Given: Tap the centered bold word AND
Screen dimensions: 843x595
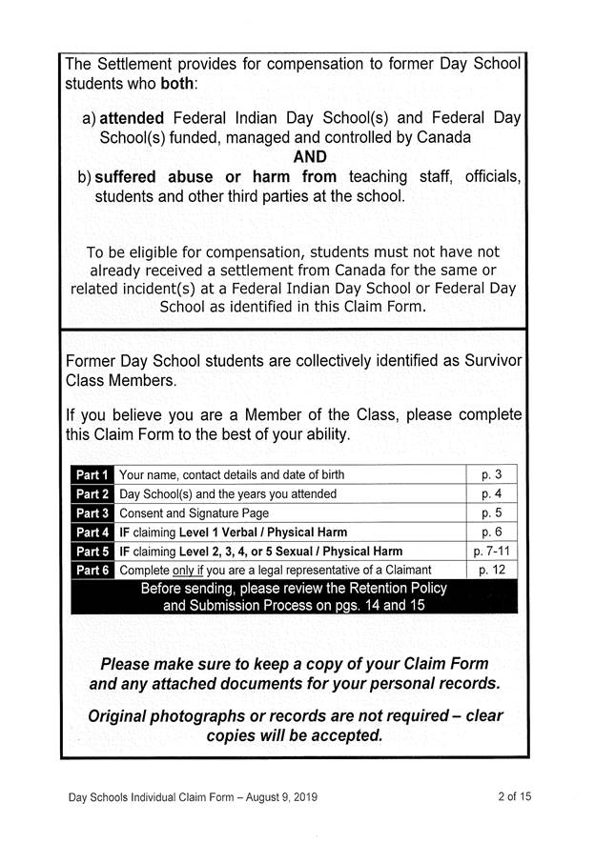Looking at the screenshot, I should [x=310, y=156].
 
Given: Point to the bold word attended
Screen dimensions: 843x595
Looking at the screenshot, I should [x=133, y=119].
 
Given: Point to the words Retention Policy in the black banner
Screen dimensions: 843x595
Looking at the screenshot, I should [x=393, y=588].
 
